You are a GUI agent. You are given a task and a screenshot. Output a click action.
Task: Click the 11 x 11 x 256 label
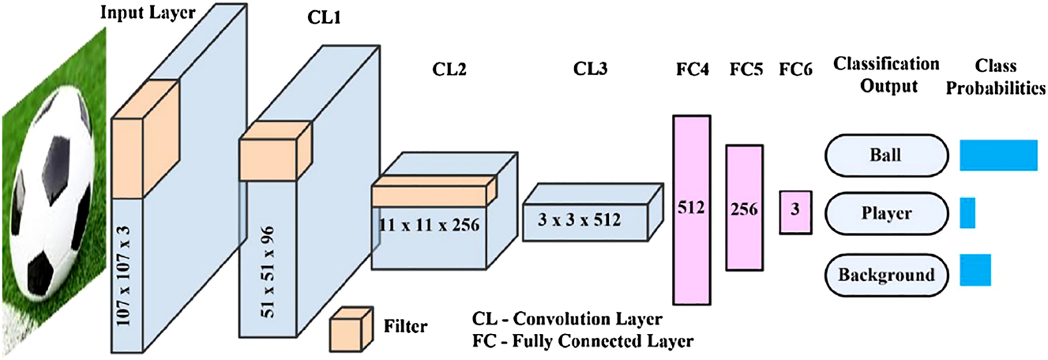click(x=430, y=225)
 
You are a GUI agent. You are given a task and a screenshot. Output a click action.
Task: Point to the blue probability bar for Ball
click(x=998, y=155)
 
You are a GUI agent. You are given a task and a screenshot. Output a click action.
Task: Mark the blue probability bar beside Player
click(x=967, y=213)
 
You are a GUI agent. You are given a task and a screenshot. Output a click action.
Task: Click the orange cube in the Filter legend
click(x=351, y=324)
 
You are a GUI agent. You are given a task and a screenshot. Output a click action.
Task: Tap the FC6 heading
click(x=797, y=69)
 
